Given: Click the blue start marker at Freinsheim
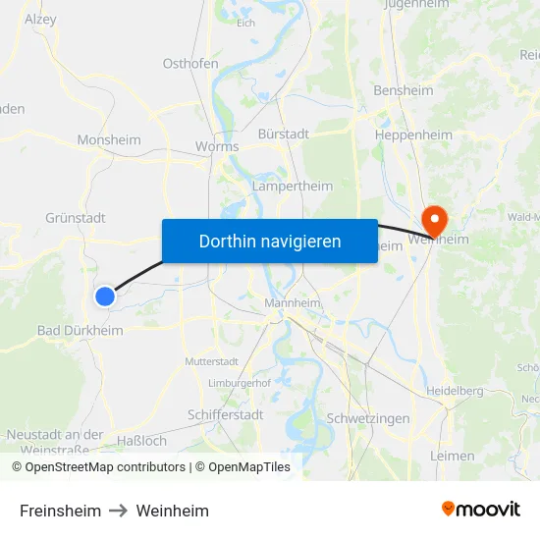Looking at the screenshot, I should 105,296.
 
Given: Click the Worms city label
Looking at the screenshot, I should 217,146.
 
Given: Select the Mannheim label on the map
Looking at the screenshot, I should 293,303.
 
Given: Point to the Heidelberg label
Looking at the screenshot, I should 456,391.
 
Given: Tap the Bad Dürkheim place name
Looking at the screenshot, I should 81,331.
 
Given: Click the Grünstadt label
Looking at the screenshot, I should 75,218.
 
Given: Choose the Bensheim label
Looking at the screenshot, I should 403,90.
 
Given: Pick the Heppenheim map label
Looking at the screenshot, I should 413,135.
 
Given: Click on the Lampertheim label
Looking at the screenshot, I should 293,186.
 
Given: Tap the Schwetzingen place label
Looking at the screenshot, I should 368,418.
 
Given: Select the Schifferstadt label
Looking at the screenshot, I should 225,415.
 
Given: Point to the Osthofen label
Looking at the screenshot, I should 190,64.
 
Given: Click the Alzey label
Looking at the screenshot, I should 40,19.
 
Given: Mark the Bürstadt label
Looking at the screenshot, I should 284,134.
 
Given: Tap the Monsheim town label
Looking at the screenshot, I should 109,140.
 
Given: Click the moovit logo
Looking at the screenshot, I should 481,510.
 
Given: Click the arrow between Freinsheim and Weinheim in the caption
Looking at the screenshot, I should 119,511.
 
